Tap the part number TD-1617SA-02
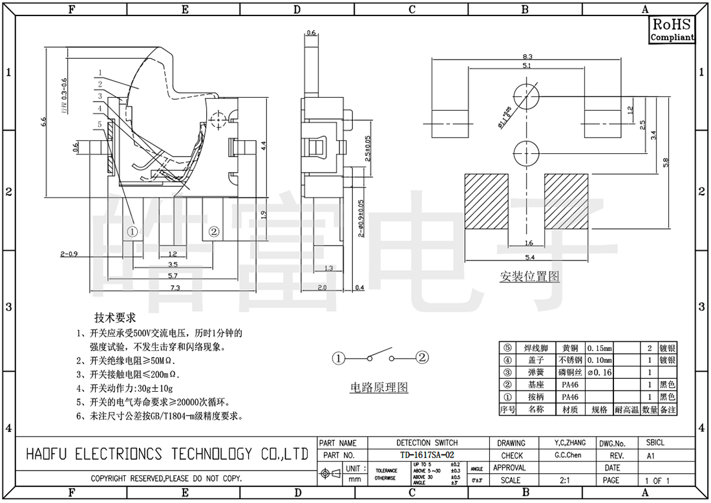(427, 455)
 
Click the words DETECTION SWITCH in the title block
(427, 443)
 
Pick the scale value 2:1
(564, 480)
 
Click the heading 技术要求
(115, 318)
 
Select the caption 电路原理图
(379, 387)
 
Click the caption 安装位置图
(529, 277)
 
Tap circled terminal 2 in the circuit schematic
(421, 357)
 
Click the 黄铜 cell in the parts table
(569, 348)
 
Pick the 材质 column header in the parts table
(569, 409)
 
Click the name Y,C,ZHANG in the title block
(570, 443)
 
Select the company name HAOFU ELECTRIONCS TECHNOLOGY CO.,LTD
(166, 455)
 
